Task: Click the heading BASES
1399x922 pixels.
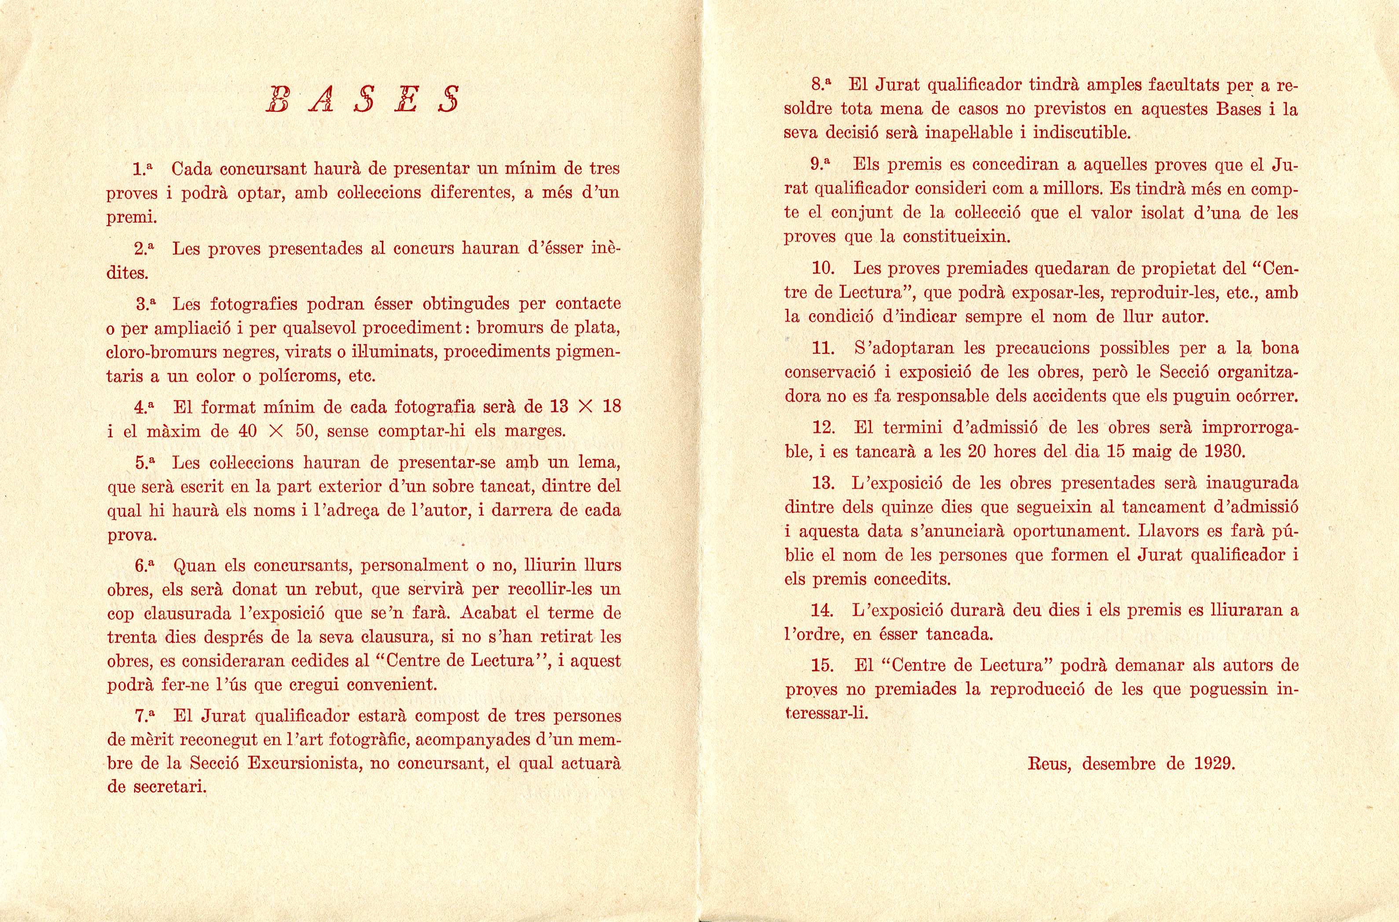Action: (x=363, y=99)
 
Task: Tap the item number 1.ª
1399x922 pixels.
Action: (x=143, y=169)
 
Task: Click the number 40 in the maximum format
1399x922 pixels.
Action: (x=248, y=431)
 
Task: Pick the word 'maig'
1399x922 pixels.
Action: (x=1151, y=452)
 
